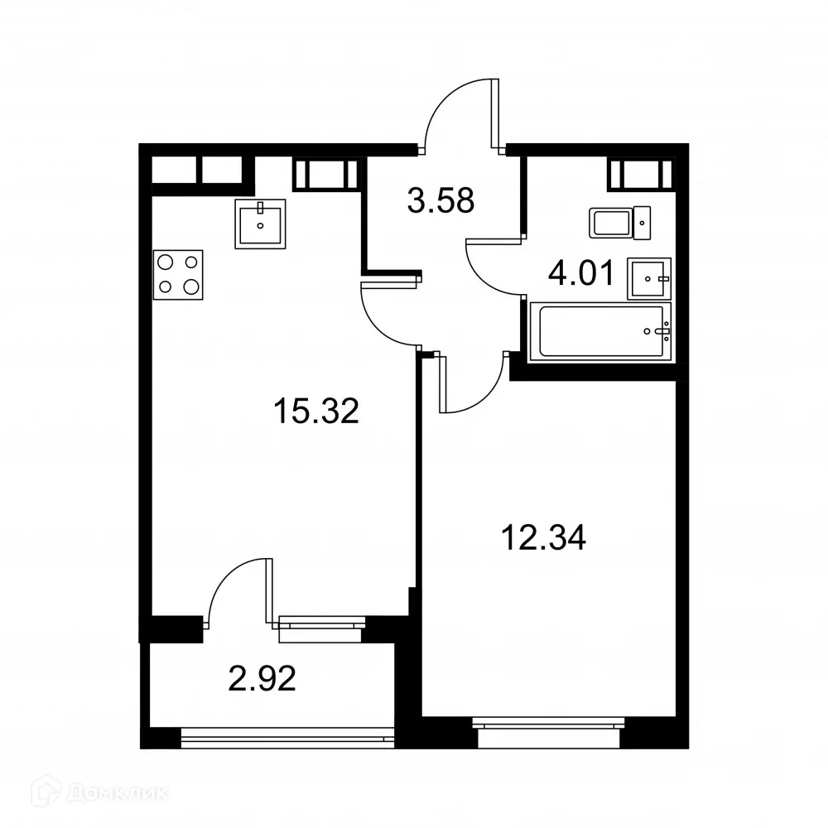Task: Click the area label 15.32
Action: click(316, 411)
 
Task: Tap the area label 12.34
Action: click(543, 538)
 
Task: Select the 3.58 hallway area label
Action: click(441, 201)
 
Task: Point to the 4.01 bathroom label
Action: click(582, 272)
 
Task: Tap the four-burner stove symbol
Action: click(178, 273)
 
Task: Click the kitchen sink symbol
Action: click(261, 223)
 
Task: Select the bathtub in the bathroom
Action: click(601, 332)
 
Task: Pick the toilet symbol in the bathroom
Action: click(621, 222)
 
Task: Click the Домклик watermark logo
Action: click(87, 792)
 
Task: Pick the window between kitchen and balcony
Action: click(321, 628)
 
